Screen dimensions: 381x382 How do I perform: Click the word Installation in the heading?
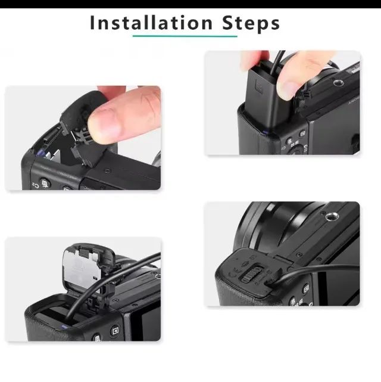tap(151, 23)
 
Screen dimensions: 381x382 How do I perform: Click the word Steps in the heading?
tap(251, 24)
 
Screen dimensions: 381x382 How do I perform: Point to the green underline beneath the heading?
tap(185, 36)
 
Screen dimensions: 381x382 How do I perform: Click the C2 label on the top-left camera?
tap(36, 186)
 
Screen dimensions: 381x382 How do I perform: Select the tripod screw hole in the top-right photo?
tap(338, 83)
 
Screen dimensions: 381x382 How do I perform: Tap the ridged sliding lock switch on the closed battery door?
tap(252, 274)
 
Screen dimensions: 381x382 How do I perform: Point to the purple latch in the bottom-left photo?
tap(64, 327)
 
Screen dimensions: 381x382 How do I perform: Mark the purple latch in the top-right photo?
tap(265, 133)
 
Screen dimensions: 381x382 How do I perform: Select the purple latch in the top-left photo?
tap(40, 153)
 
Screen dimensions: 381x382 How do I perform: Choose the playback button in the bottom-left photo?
tap(115, 331)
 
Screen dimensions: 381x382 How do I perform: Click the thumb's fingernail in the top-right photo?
tap(289, 89)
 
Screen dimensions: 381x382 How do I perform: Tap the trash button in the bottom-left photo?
tap(97, 338)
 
